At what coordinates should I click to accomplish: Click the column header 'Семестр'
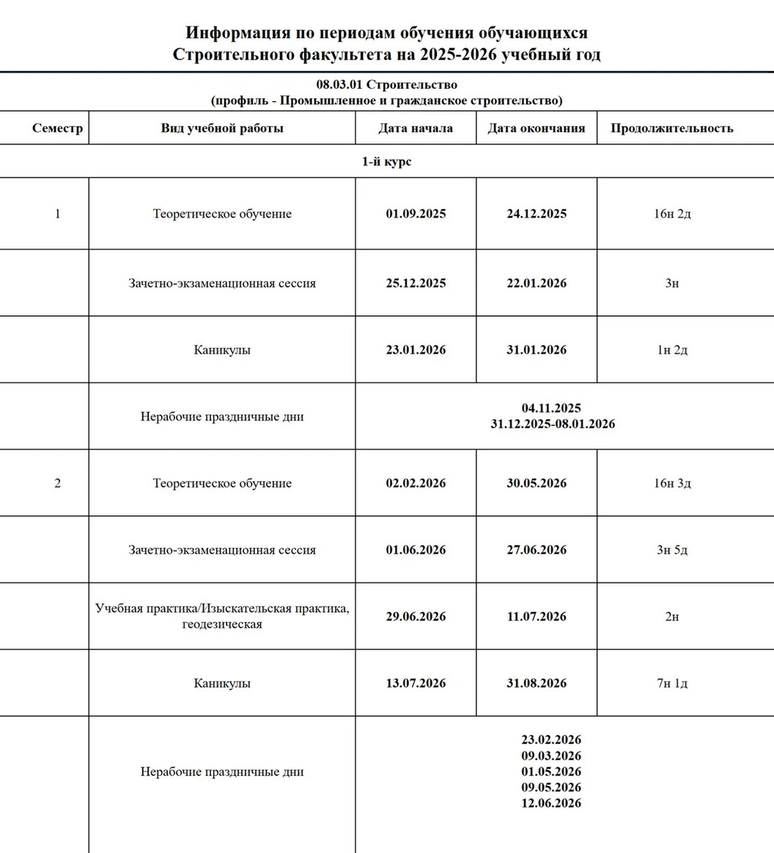57,128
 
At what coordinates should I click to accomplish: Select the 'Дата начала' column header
416,128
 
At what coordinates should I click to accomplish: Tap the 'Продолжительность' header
671,128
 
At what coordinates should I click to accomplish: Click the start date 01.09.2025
416,214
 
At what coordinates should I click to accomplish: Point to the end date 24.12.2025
537,214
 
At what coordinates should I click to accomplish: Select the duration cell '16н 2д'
672,214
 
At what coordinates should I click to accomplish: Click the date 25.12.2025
416,284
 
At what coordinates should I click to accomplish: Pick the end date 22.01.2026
537,284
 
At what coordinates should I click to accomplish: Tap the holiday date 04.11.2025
551,408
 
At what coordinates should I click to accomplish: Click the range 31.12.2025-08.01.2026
553,424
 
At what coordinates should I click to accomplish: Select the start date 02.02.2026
416,484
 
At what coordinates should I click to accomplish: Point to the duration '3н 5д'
672,550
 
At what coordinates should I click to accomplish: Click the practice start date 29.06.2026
416,617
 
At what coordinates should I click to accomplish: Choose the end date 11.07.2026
537,617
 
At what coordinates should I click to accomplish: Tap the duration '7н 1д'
672,684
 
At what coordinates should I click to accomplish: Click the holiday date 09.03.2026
551,756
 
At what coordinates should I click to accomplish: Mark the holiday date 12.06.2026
551,803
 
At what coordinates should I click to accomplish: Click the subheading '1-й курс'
386,161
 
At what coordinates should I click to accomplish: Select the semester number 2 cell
57,484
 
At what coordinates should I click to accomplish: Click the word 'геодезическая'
222,625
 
